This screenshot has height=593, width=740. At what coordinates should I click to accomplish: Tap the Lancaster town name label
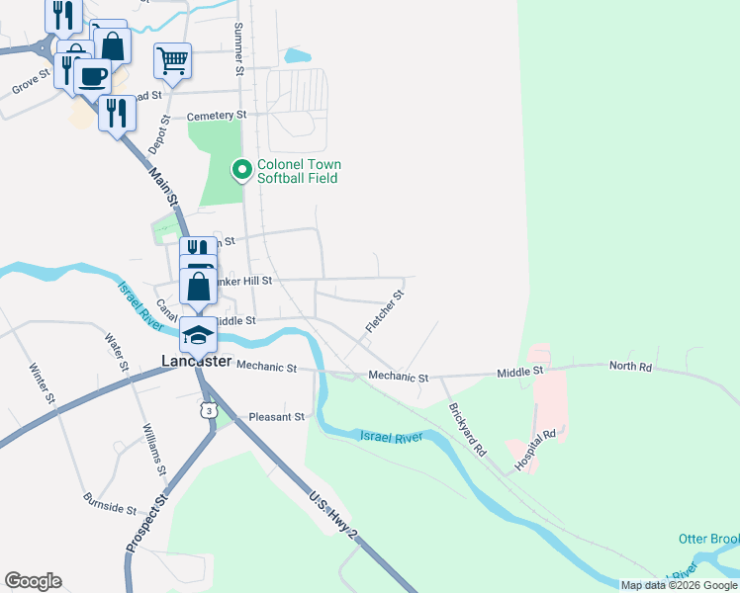pyautogui.click(x=196, y=363)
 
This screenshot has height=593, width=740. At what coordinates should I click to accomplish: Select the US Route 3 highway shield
pyautogui.click(x=207, y=409)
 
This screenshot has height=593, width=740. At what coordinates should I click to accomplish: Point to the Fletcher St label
pyautogui.click(x=385, y=310)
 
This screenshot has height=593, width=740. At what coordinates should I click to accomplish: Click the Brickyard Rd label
pyautogui.click(x=467, y=429)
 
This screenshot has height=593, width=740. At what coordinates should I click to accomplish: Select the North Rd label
pyautogui.click(x=630, y=366)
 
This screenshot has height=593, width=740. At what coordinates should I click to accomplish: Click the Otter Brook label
pyautogui.click(x=708, y=539)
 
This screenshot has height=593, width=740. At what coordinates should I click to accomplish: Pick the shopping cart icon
pyautogui.click(x=172, y=61)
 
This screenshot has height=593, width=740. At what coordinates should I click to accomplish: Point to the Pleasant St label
pyautogui.click(x=276, y=417)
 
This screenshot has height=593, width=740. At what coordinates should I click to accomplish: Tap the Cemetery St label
pyautogui.click(x=216, y=116)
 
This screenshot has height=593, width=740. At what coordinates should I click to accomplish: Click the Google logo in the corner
pyautogui.click(x=33, y=581)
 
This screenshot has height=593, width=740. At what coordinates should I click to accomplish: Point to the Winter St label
pyautogui.click(x=42, y=384)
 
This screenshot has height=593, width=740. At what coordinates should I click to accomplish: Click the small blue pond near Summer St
pyautogui.click(x=297, y=56)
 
